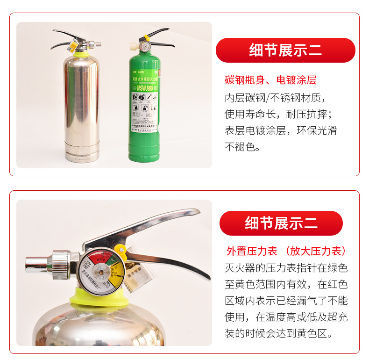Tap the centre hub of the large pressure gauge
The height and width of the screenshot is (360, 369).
[100, 272]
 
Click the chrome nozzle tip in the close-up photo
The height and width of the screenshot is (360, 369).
[35, 264]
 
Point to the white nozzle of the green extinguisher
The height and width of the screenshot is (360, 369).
[133, 46]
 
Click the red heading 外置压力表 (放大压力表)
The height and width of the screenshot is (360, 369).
[286, 251]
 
